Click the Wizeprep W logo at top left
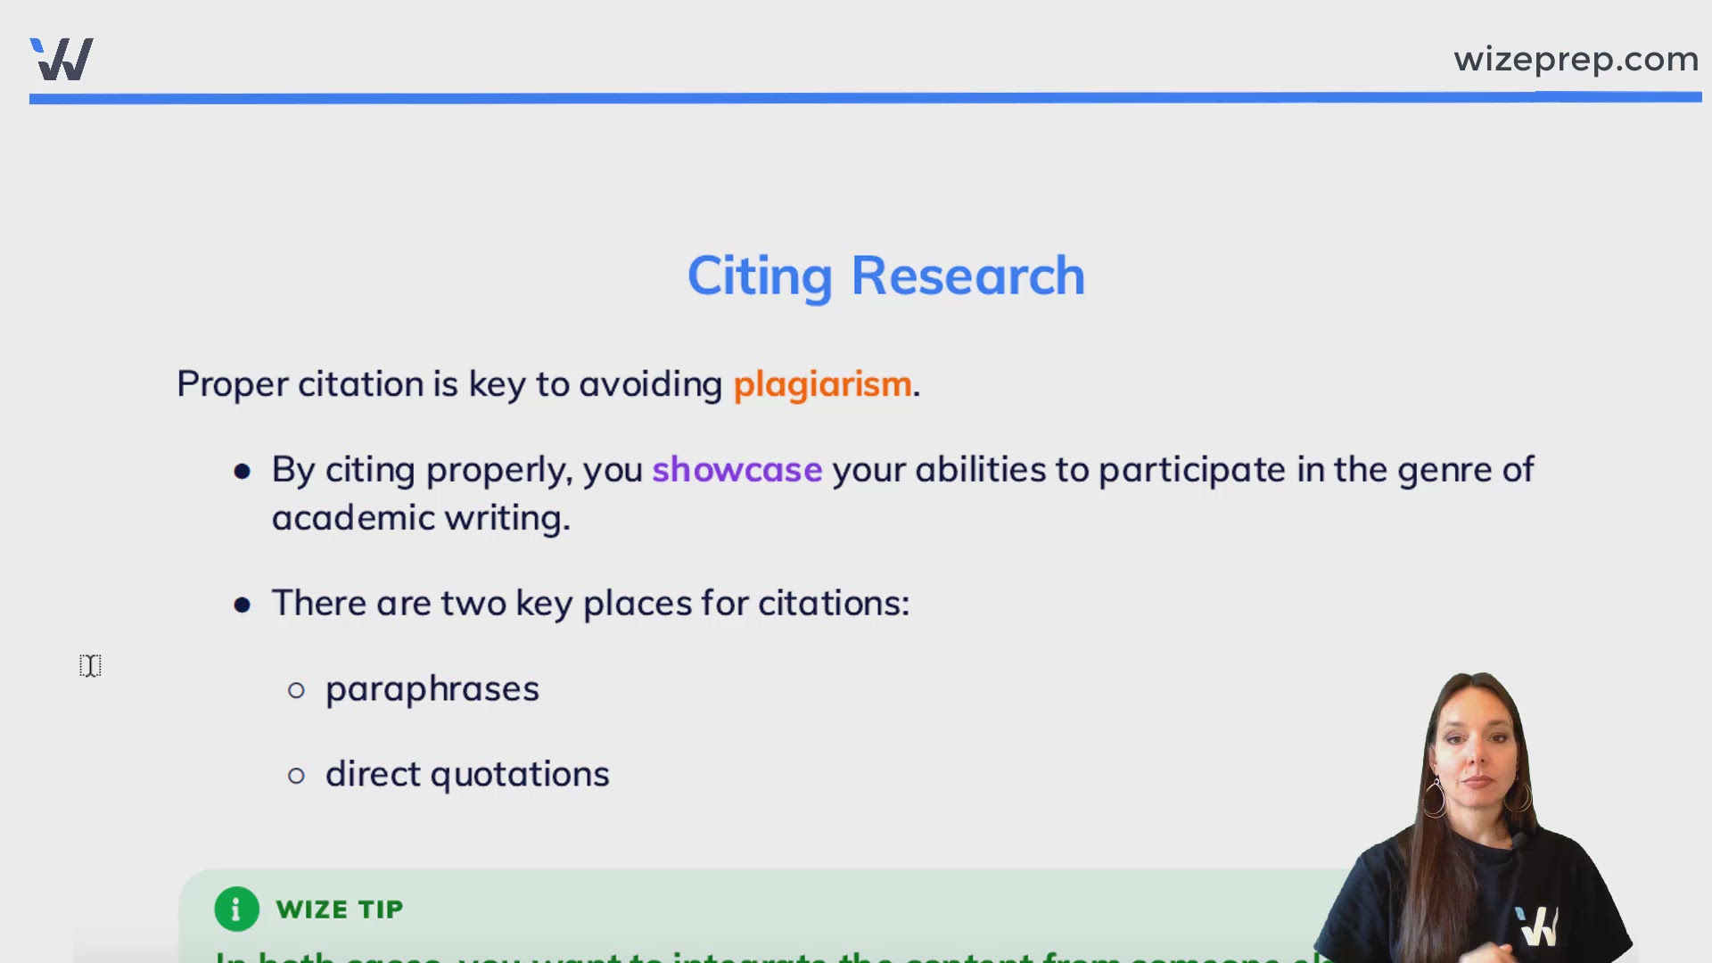[x=62, y=60]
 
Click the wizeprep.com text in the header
[x=1576, y=60]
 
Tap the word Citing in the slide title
[x=760, y=276]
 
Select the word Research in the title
[x=967, y=276]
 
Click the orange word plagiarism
[x=822, y=384]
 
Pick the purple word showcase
[x=737, y=470]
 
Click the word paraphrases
[x=432, y=689]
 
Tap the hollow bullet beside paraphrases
[x=297, y=690]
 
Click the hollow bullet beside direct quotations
[x=297, y=776]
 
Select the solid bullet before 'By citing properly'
[x=242, y=472]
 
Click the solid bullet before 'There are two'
[x=242, y=605]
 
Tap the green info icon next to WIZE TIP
[x=236, y=909]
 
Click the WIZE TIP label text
[x=340, y=909]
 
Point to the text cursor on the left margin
[x=90, y=665]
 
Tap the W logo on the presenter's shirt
[x=1537, y=926]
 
